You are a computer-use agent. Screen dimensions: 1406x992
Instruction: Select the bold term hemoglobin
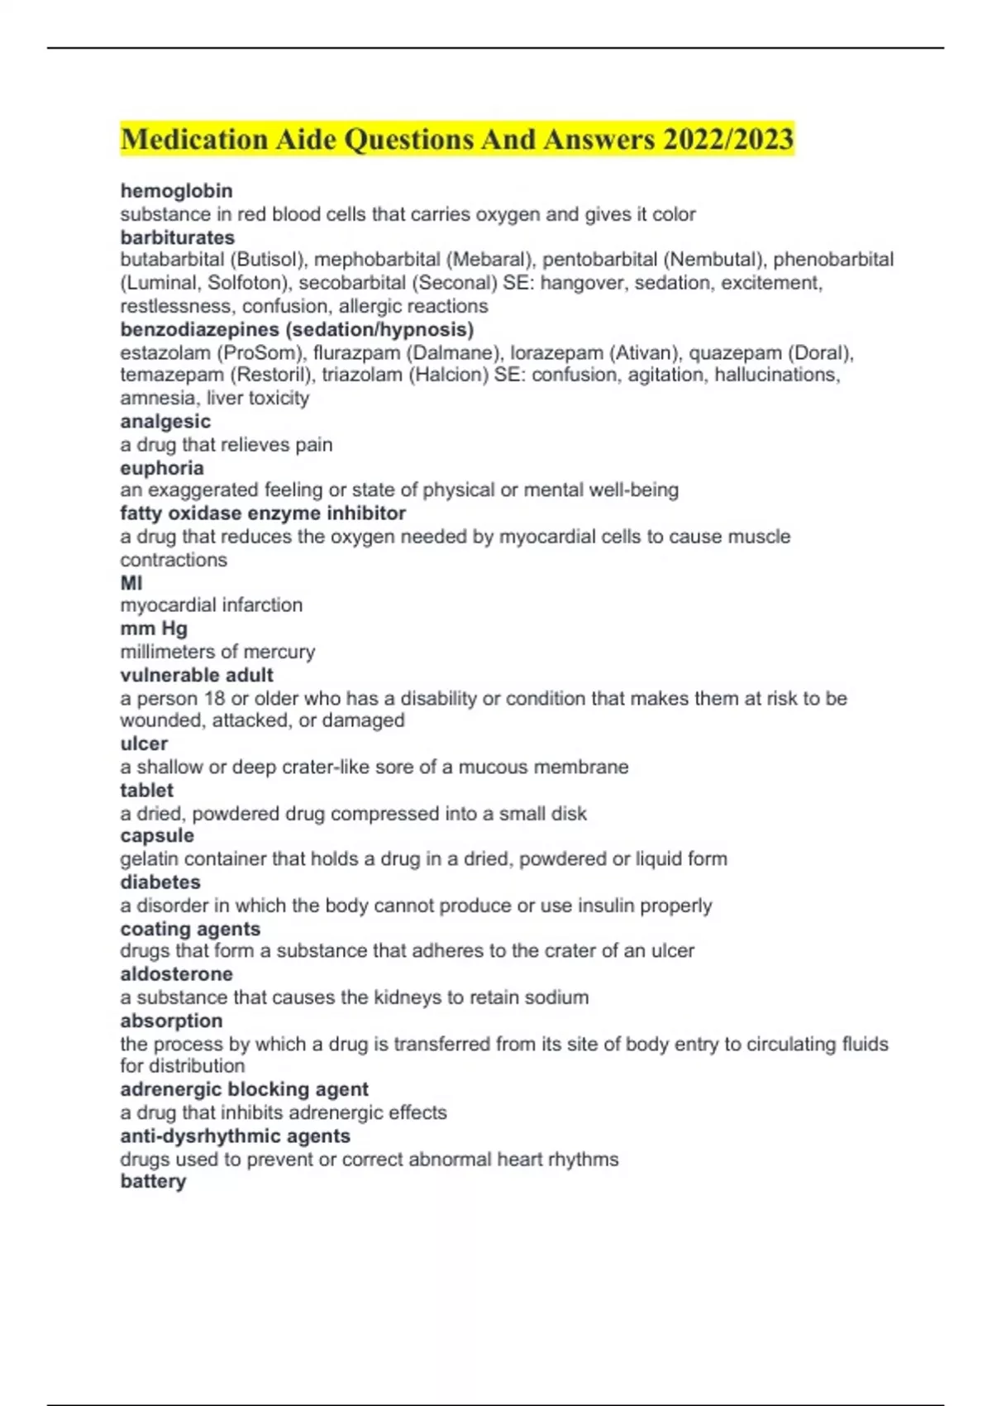(x=176, y=191)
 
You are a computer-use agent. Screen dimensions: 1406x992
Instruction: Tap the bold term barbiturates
(x=177, y=237)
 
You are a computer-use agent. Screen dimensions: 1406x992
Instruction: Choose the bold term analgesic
(x=165, y=421)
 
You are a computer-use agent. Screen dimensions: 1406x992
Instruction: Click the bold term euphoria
(x=162, y=467)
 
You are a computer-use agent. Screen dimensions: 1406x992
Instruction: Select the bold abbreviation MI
(x=131, y=582)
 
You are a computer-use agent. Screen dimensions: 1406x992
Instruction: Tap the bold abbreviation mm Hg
(x=154, y=629)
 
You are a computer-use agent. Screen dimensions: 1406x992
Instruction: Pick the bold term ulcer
(x=144, y=744)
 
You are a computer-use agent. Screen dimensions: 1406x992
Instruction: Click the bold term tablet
(x=146, y=790)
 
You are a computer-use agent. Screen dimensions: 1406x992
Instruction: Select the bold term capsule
(x=157, y=835)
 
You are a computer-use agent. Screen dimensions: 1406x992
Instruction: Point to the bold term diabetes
(x=160, y=882)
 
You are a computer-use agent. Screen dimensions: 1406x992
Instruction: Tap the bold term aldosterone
(x=176, y=973)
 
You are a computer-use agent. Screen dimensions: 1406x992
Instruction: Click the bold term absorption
(x=171, y=1021)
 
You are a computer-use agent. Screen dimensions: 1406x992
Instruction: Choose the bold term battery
(x=153, y=1181)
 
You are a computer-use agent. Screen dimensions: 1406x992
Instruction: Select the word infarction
(x=260, y=605)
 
